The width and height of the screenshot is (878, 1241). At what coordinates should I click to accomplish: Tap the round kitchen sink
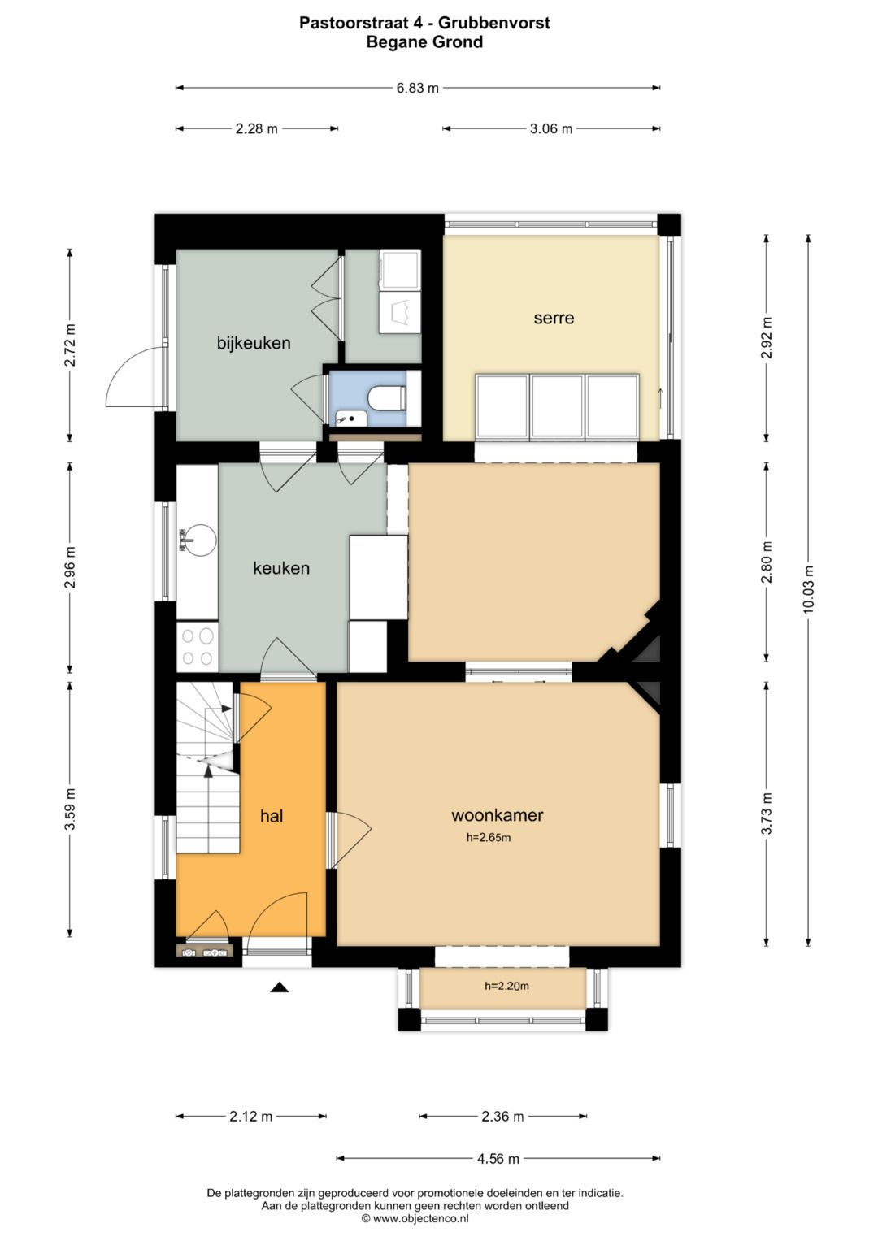[x=198, y=540]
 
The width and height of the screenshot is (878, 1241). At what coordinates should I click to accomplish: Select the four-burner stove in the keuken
[x=198, y=647]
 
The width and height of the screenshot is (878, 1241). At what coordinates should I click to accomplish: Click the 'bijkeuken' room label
[x=254, y=344]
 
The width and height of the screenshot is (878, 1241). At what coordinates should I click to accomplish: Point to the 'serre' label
[x=554, y=318]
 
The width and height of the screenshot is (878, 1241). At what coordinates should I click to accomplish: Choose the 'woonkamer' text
[x=498, y=815]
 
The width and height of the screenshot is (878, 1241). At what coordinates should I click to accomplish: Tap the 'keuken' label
[x=281, y=568]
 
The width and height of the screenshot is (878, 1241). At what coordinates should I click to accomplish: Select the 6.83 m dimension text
[x=417, y=88]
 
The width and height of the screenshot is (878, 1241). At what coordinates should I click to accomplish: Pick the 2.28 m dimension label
[x=257, y=129]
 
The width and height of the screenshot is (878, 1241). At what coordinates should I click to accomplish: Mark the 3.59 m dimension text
[x=70, y=809]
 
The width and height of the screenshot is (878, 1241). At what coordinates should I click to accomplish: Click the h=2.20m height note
[x=506, y=986]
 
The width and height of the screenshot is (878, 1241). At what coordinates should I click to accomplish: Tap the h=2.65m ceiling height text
[x=489, y=838]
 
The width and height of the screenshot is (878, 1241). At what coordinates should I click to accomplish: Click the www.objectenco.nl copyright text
[x=415, y=1218]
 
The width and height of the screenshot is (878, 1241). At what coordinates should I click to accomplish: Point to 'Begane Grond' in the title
[x=424, y=42]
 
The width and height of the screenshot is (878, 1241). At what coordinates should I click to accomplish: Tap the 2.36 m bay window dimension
[x=502, y=1116]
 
